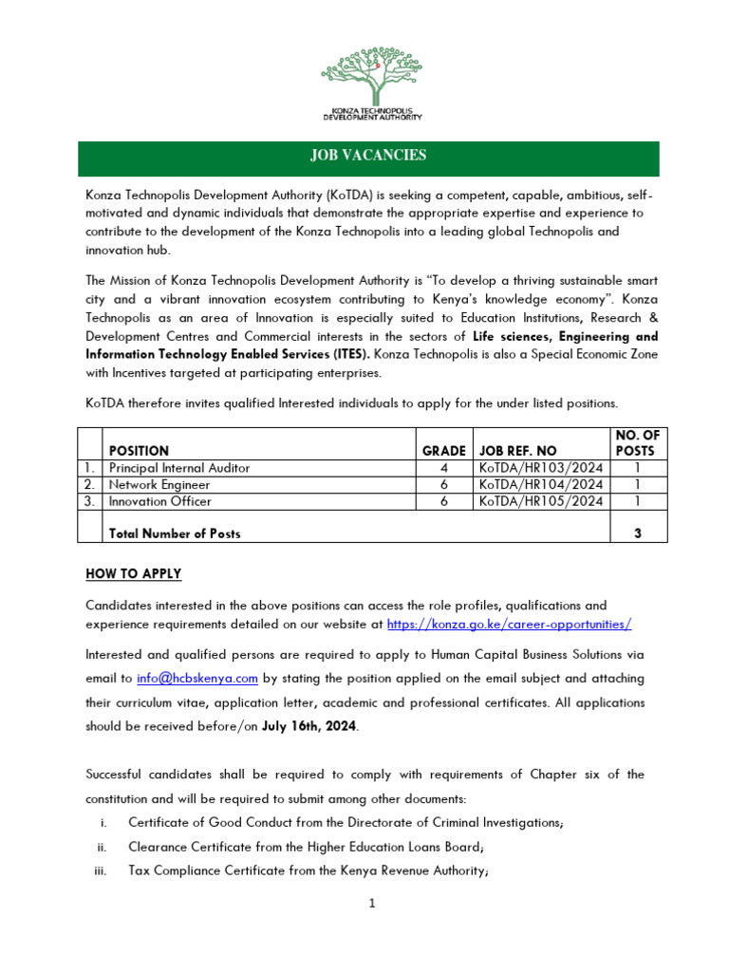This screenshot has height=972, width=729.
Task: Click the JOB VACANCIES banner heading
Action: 367,156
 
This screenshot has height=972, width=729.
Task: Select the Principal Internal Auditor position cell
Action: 179,468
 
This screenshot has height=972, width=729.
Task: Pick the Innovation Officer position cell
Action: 160,501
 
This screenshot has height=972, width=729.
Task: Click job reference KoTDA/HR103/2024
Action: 540,468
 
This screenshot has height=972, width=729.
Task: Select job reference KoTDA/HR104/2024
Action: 540,485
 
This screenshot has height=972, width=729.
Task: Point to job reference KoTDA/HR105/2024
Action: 540,501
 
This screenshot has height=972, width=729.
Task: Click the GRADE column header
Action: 444,451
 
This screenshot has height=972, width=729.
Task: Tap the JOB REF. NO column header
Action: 518,451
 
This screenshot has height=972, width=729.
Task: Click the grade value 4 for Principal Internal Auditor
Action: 444,468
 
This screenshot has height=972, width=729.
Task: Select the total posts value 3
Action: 638,533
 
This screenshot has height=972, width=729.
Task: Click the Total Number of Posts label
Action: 175,533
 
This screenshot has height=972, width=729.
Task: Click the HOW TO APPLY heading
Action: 133,574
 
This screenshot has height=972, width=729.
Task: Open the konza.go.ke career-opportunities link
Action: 510,625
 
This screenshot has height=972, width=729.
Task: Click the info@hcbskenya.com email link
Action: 197,679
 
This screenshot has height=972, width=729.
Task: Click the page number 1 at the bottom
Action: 373,904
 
